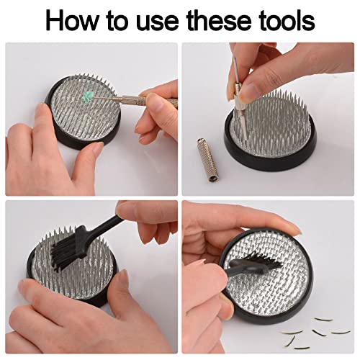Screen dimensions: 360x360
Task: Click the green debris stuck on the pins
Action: (87, 96)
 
